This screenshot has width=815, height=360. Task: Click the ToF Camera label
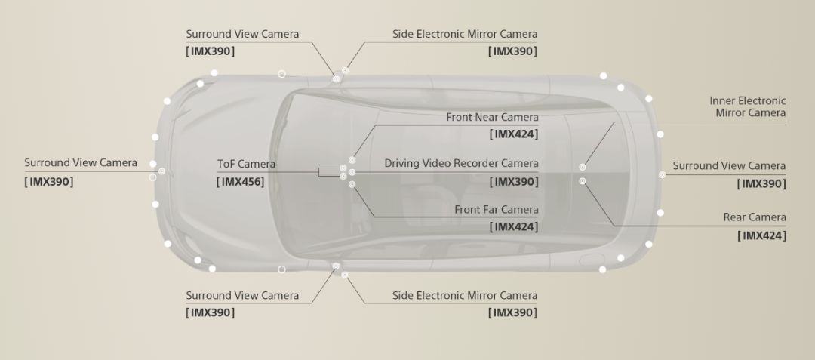click(x=246, y=165)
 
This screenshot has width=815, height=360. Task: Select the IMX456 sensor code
click(x=240, y=182)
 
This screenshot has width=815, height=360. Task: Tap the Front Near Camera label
click(x=492, y=118)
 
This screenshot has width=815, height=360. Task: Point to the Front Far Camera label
click(x=497, y=210)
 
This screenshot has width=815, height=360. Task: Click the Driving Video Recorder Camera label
click(x=462, y=164)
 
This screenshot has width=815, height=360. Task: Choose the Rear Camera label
click(x=755, y=217)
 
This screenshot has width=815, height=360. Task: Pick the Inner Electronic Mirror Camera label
click(x=748, y=106)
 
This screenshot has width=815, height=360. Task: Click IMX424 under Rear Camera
click(x=762, y=235)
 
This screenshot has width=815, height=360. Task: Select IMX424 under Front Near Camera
click(x=514, y=134)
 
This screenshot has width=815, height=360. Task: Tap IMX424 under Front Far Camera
click(x=514, y=226)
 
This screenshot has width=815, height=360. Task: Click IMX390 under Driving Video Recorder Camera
click(x=514, y=182)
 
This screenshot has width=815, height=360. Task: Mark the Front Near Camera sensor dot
click(x=352, y=161)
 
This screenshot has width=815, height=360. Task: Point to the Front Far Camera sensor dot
click(x=352, y=184)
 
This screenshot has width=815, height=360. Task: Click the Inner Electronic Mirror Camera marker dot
click(x=583, y=168)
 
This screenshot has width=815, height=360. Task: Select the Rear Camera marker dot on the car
click(x=583, y=181)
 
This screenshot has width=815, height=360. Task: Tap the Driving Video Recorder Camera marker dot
click(x=352, y=172)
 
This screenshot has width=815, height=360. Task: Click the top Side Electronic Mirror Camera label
click(x=465, y=34)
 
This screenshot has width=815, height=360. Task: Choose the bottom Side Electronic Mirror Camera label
click(x=465, y=296)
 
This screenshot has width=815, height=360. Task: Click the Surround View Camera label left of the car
click(x=81, y=162)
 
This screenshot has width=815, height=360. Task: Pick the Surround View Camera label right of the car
click(x=729, y=166)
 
